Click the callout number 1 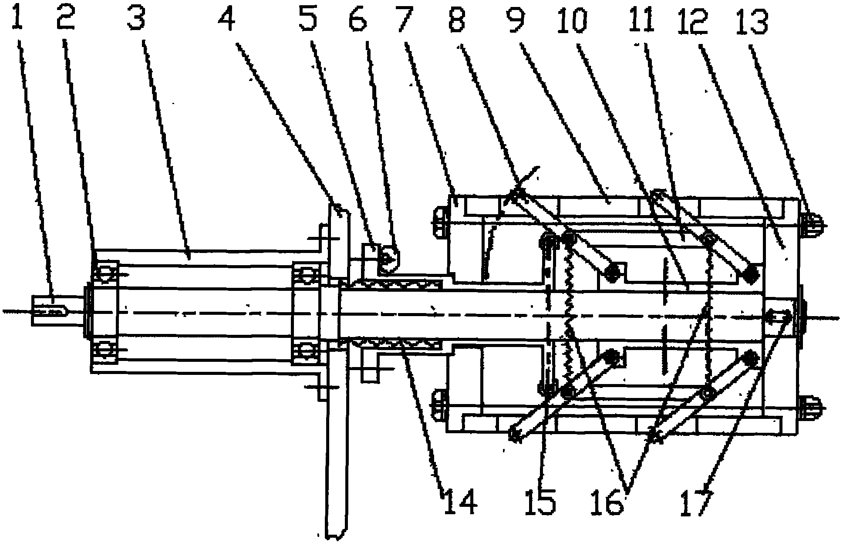point(17,16)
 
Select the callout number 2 point(66,16)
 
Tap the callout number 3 point(136,16)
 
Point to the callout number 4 point(227,16)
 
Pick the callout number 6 point(358,16)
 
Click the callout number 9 point(516,16)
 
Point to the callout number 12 point(695,16)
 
